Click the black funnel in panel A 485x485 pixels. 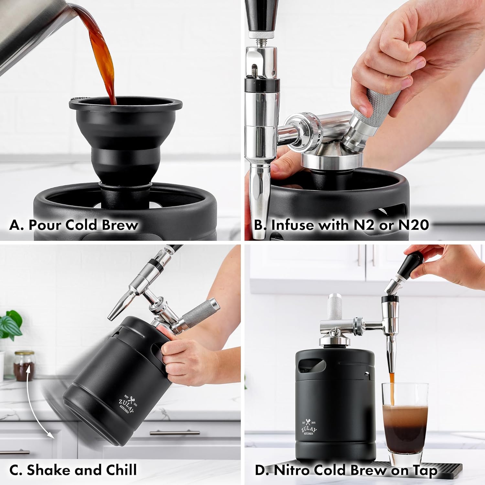pos(125,136)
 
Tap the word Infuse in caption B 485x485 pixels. pos(293,225)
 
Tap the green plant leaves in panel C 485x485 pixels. pos(10,325)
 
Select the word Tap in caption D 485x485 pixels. pos(424,470)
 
